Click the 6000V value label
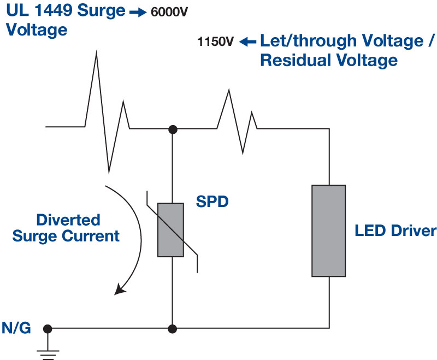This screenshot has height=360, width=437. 169,13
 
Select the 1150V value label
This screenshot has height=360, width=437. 216,42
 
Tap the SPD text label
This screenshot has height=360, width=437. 212,202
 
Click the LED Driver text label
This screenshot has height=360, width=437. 395,231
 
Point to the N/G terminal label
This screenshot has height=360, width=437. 16,328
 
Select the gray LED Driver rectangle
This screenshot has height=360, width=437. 328,231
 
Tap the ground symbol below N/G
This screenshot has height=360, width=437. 48,349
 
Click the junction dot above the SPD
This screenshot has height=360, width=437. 173,129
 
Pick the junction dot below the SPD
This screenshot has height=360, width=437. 173,329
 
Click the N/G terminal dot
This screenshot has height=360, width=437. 48,329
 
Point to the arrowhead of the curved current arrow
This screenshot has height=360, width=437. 120,290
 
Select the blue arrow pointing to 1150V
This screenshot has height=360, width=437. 248,42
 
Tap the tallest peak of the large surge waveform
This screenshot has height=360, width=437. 97,54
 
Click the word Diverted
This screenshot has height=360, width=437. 68,220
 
